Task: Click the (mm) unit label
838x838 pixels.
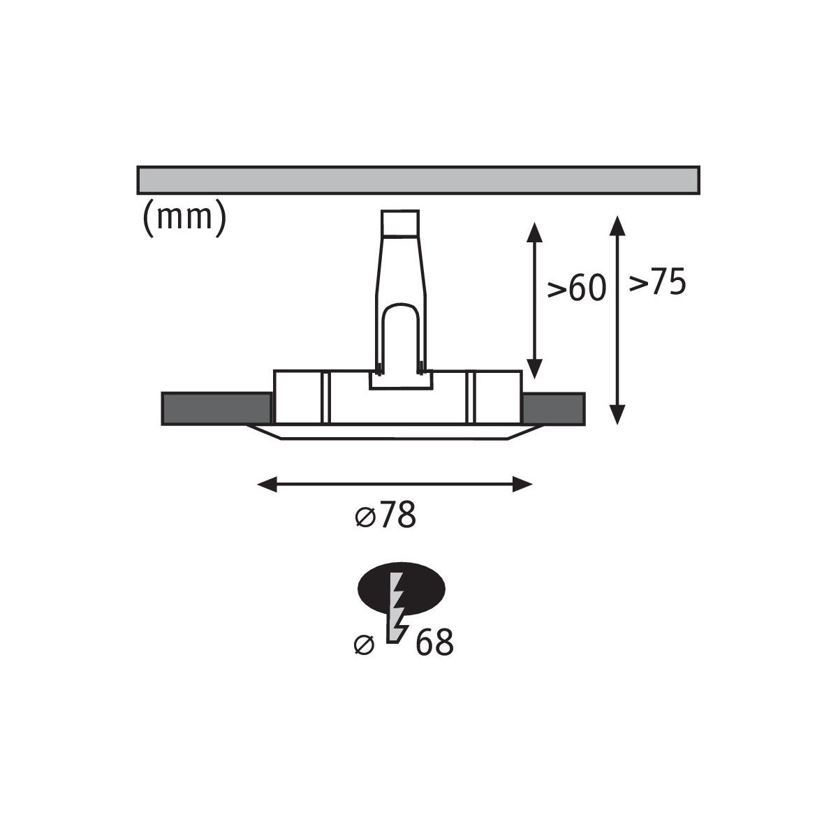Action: (x=184, y=218)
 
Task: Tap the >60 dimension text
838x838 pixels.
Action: (x=576, y=288)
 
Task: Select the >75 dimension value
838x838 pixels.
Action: (x=657, y=282)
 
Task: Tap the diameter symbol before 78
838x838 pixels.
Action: (x=365, y=517)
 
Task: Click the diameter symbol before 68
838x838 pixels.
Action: (x=364, y=645)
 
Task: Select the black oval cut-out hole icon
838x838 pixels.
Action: (x=401, y=588)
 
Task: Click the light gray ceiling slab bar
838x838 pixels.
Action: (x=418, y=179)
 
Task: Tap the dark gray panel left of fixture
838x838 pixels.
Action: (x=216, y=409)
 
